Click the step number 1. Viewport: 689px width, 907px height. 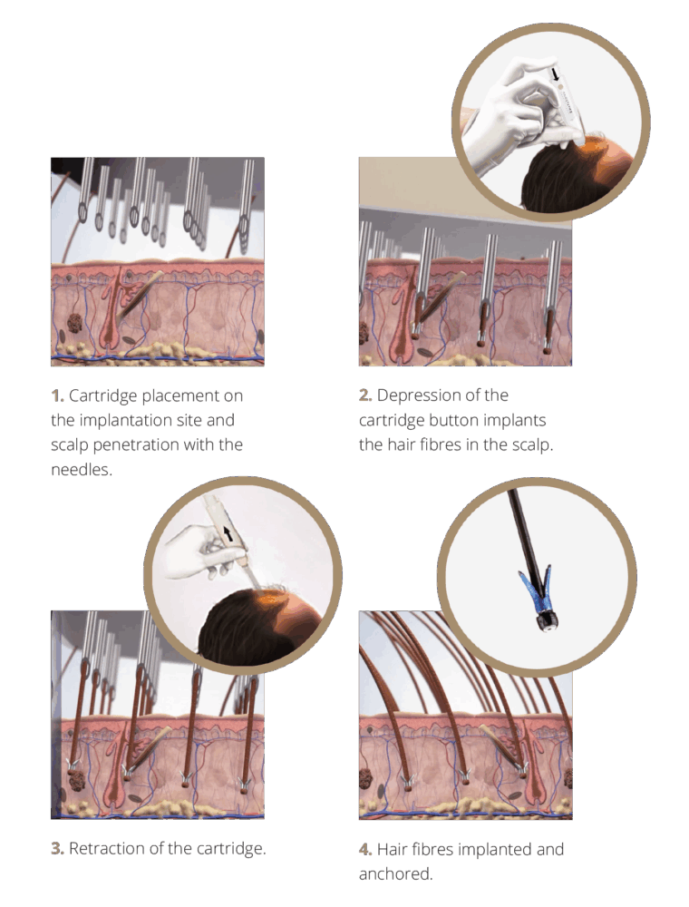pos(57,396)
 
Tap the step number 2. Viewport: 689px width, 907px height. pos(365,395)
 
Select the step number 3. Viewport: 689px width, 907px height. pos(57,849)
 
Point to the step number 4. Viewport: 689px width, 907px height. pos(365,850)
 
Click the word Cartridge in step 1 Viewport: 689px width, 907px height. pos(102,397)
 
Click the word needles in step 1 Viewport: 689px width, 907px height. pos(82,470)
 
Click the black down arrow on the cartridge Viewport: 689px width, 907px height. pos(556,73)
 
